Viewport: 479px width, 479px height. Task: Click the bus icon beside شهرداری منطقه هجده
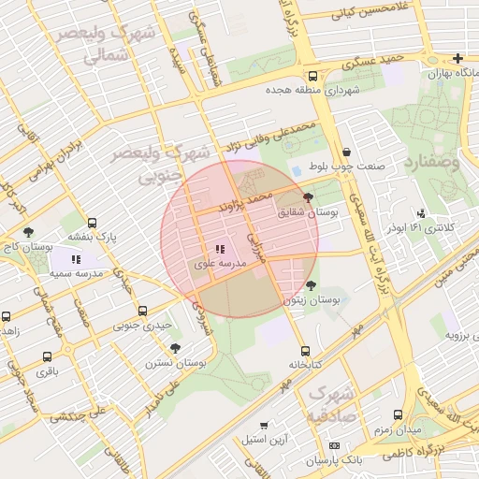tap(312, 77)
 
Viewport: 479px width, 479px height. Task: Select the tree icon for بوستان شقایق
tap(309, 197)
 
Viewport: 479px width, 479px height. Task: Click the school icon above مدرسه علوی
tap(220, 250)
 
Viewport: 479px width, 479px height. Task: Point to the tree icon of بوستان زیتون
tap(311, 284)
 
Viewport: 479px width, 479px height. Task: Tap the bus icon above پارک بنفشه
tap(92, 224)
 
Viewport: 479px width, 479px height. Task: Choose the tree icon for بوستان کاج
tap(28, 231)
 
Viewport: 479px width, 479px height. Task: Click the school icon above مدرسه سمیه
tap(75, 258)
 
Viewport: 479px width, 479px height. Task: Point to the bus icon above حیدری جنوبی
tap(142, 311)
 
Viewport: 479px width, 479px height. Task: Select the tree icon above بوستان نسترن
tap(175, 348)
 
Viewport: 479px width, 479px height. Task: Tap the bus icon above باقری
tap(47, 356)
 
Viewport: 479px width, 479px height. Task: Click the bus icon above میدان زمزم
tap(398, 414)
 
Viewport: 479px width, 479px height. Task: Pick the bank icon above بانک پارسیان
tap(336, 445)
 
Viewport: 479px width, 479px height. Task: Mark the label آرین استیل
tap(268, 439)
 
